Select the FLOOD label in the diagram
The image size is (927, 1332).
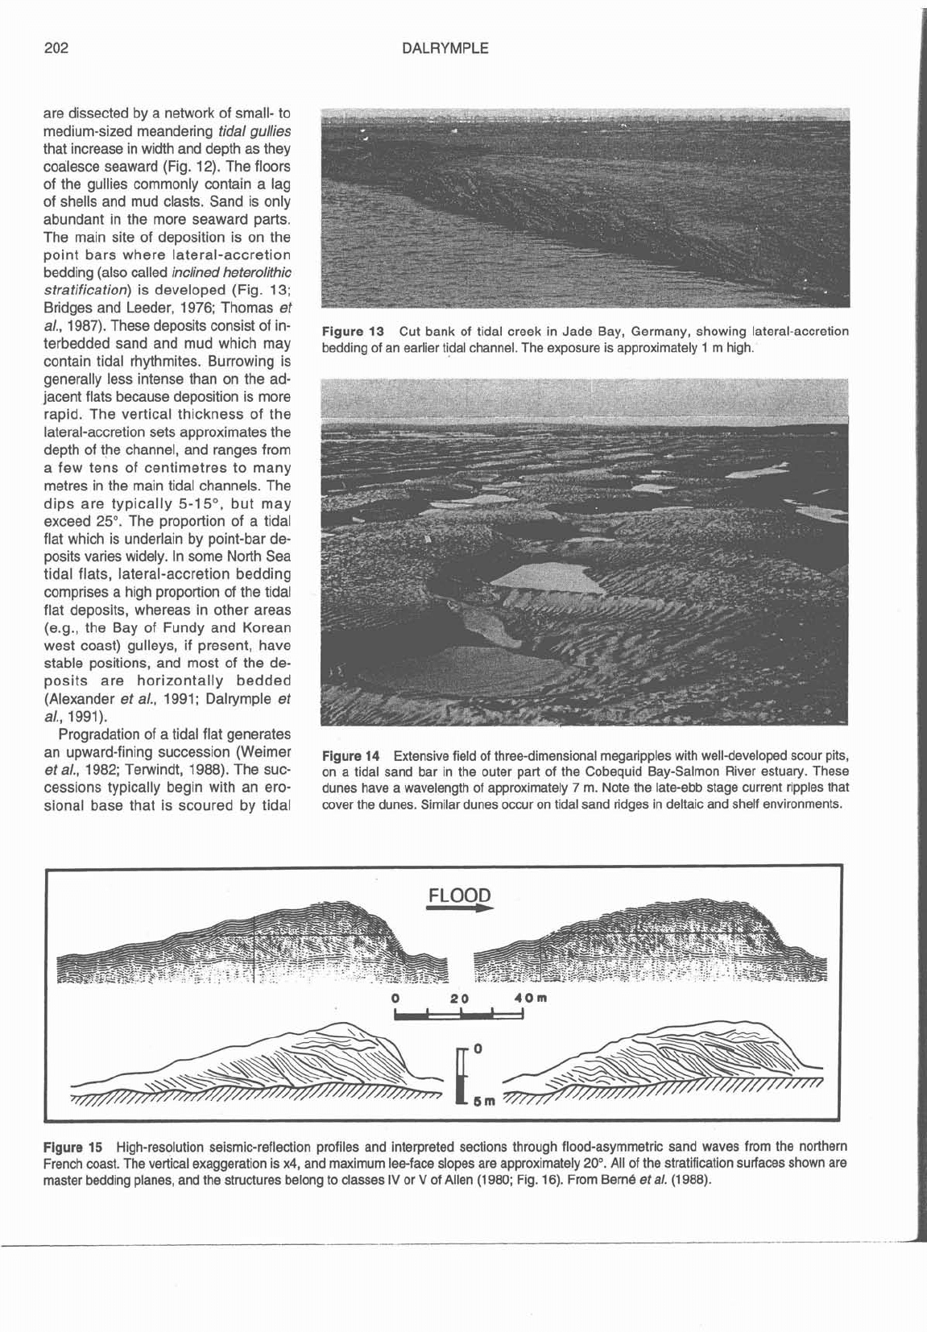pos(458,896)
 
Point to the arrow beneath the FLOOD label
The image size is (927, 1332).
pos(459,908)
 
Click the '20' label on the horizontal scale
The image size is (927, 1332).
pos(459,999)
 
